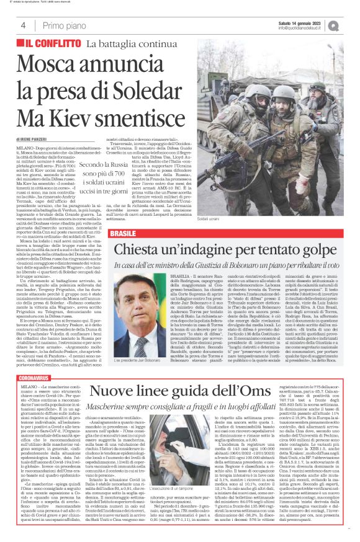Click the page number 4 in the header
22,25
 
